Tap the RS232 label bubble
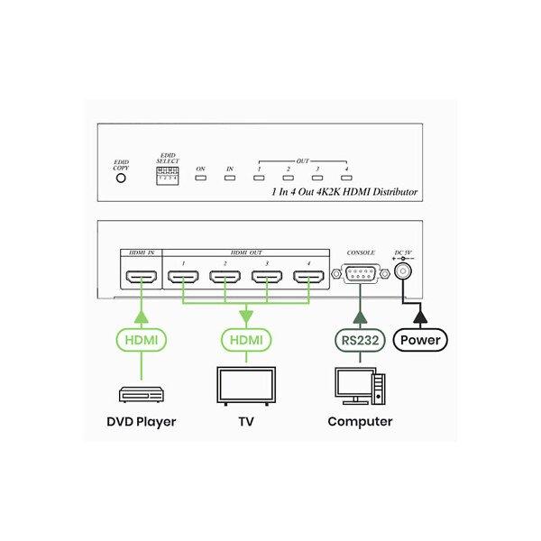click(x=360, y=340)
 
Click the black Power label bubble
click(x=420, y=340)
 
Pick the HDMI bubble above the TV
click(x=245, y=340)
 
